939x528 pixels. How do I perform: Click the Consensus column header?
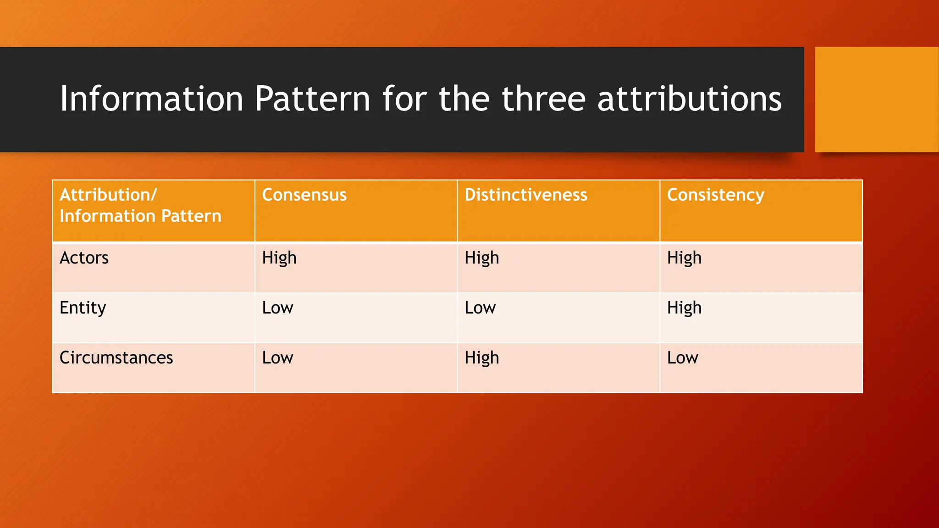point(304,195)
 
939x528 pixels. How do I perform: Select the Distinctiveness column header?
point(525,195)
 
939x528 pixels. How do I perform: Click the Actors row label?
point(84,258)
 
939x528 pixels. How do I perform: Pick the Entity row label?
point(83,308)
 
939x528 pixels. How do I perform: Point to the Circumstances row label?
point(116,358)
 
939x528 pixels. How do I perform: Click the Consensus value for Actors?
point(279,258)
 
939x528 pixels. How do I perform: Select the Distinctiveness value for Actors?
point(481,258)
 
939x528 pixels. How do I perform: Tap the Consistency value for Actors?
point(684,258)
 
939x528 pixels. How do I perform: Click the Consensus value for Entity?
point(277,308)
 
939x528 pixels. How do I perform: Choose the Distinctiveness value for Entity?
point(480,308)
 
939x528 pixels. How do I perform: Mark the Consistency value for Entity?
point(684,308)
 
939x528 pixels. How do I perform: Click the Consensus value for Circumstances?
point(277,358)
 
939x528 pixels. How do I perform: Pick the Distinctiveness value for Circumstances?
point(481,358)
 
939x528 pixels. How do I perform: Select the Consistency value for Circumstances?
point(682,358)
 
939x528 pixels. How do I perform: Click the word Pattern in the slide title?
point(312,99)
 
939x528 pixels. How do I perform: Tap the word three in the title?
point(544,99)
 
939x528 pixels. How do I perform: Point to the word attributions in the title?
point(689,99)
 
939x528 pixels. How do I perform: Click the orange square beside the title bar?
point(877,99)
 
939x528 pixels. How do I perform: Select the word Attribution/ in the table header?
point(108,195)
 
